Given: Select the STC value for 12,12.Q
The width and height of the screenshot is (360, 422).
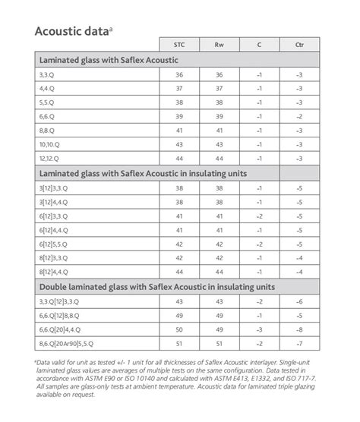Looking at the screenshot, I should [179, 158].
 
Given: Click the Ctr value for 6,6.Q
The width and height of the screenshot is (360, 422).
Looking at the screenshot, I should [300, 116].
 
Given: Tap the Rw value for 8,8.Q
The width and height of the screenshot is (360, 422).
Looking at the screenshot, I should [219, 130].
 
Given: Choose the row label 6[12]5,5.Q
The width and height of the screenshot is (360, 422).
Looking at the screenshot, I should [58, 244].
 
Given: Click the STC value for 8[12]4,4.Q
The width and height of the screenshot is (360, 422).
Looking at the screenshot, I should [179, 272].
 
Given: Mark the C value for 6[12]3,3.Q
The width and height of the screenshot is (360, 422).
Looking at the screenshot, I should [259, 216].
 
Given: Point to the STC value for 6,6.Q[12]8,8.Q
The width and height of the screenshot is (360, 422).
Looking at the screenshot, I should [179, 314].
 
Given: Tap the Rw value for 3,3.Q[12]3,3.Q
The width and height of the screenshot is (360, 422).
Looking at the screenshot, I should [219, 301].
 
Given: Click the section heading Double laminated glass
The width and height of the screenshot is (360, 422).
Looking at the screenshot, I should [156, 286].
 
